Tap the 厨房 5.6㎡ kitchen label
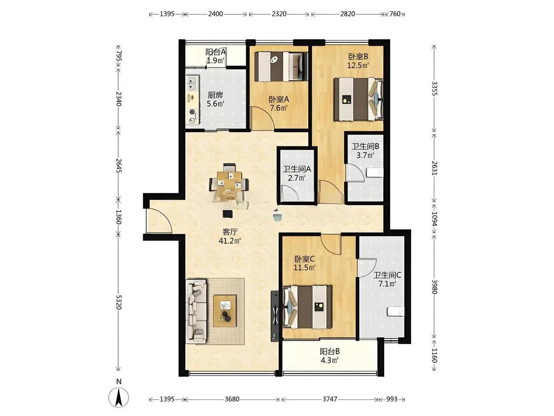tap(215, 100)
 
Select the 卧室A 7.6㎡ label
tap(279, 104)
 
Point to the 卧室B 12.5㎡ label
tap(358, 61)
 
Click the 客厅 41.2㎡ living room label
tap(230, 236)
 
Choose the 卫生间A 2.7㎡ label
tap(297, 173)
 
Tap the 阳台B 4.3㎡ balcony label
tap(329, 356)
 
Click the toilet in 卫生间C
tap(396, 312)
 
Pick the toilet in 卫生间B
tap(375, 173)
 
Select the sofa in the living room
tap(196, 311)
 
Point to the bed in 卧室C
tap(307, 307)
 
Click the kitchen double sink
tap(193, 84)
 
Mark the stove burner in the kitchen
tap(193, 112)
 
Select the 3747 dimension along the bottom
tap(329, 399)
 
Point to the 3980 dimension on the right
tap(434, 287)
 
